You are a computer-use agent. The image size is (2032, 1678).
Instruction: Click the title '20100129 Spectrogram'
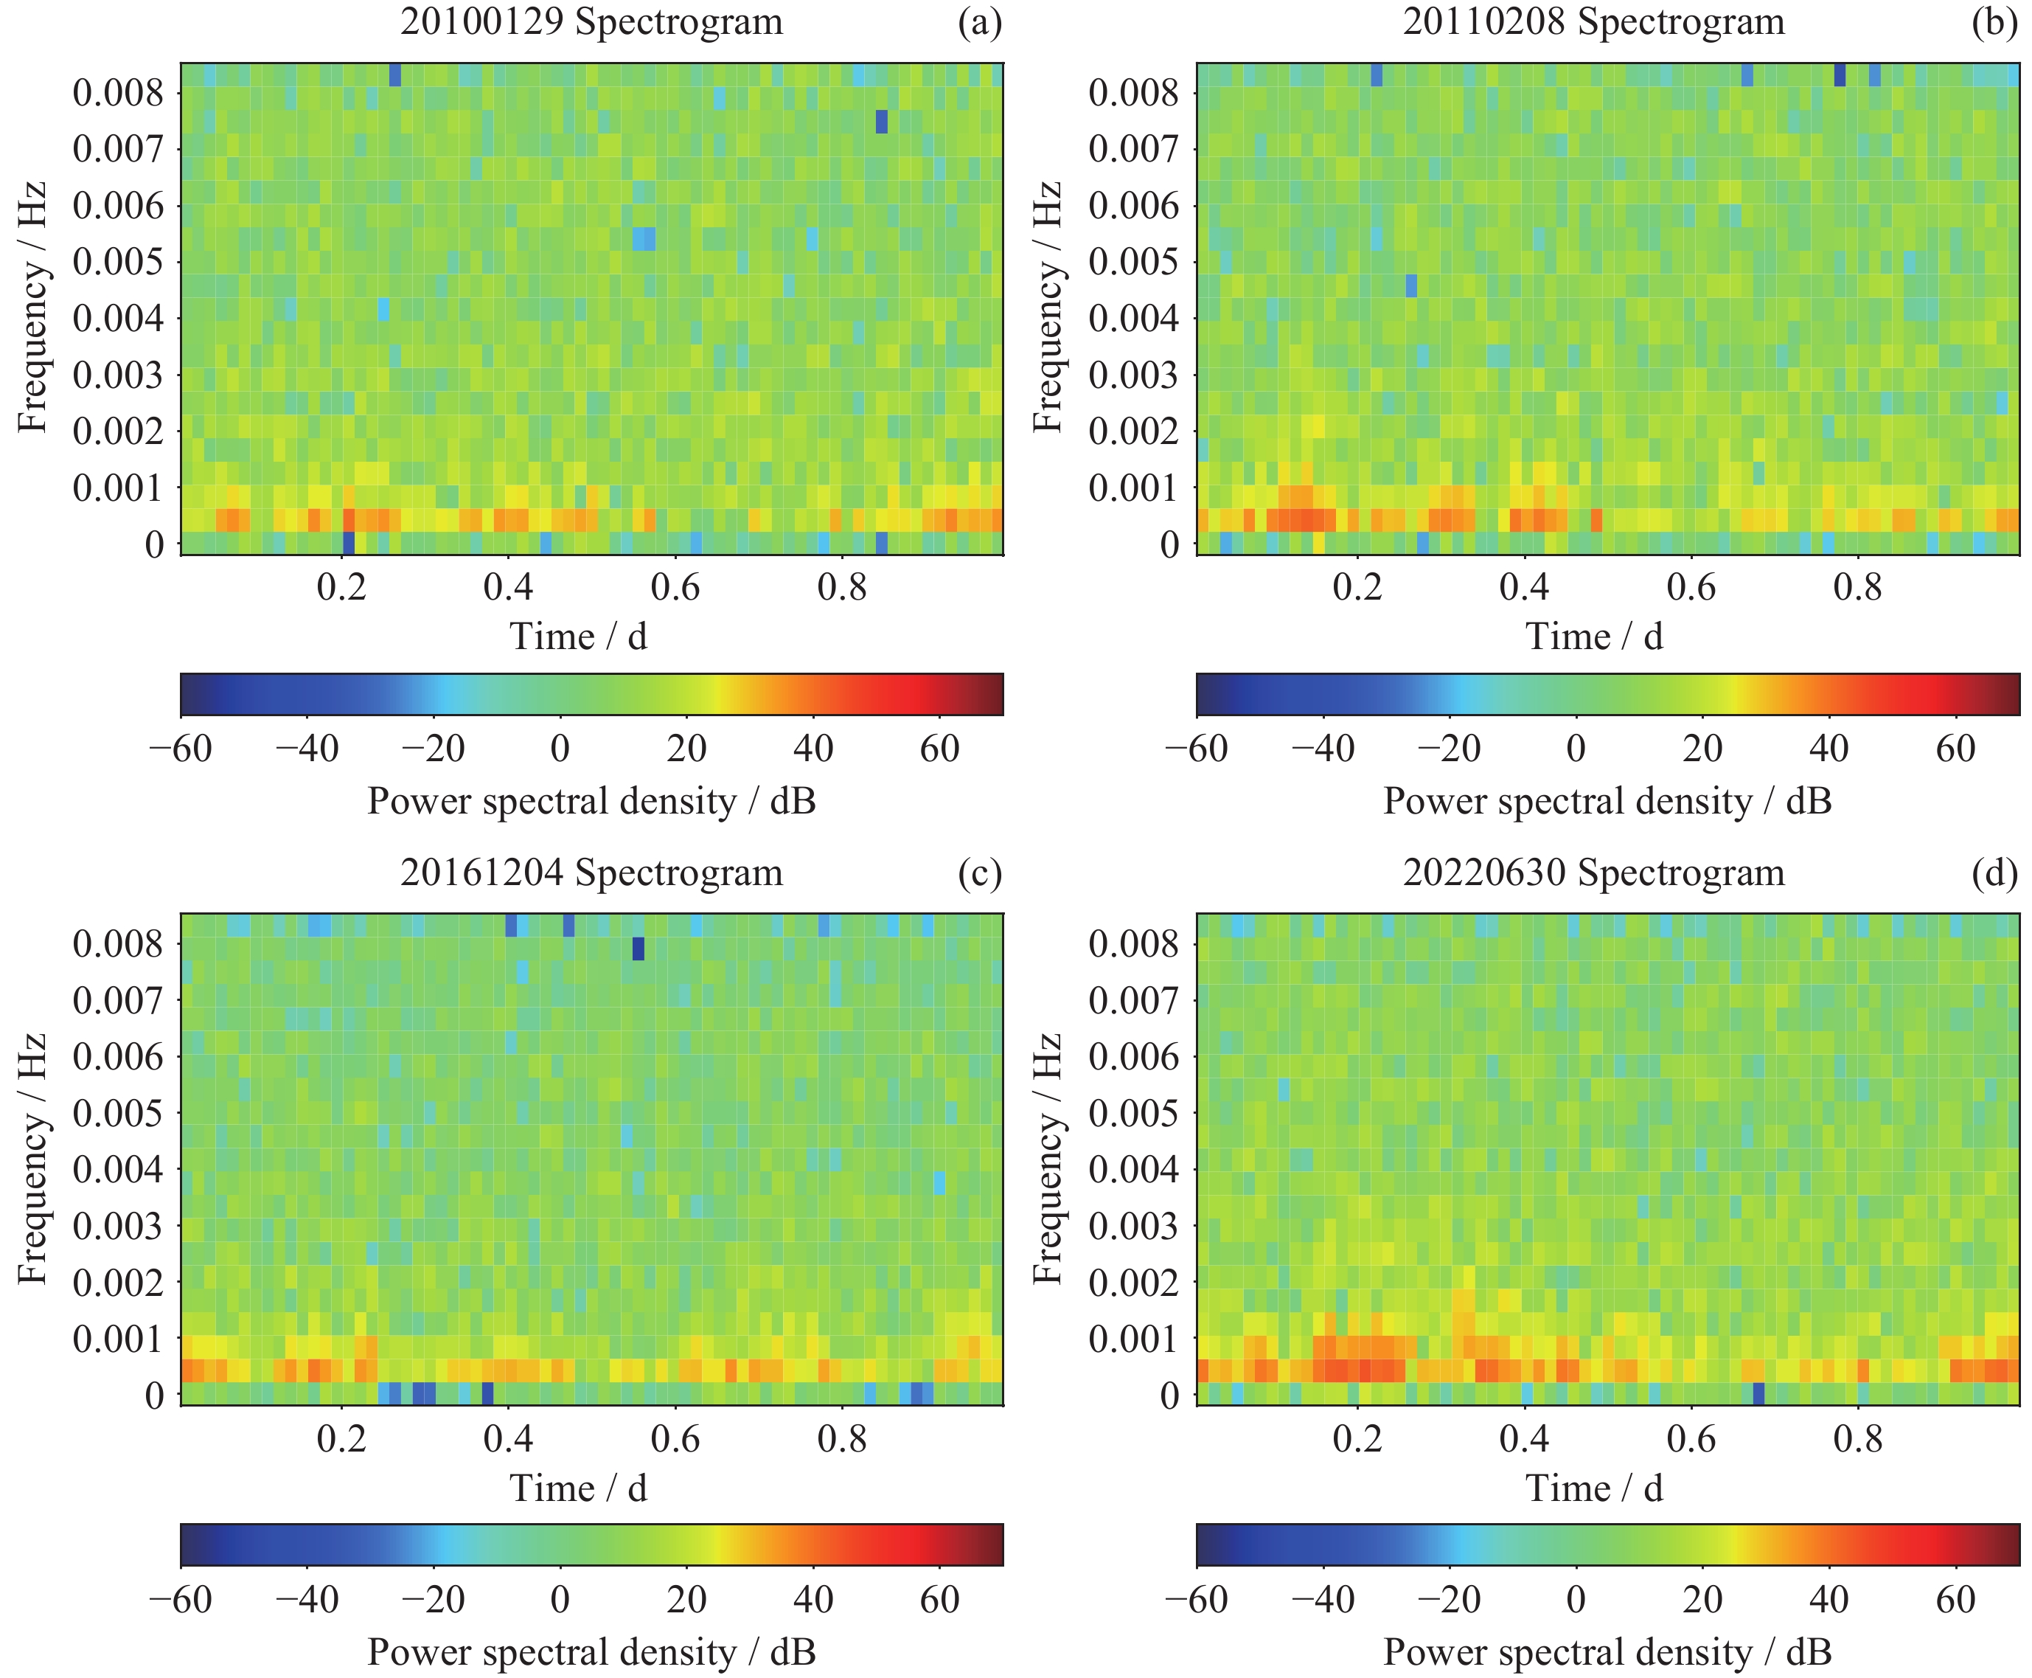pyautogui.click(x=591, y=22)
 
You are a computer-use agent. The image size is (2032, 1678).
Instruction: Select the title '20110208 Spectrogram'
pyautogui.click(x=1593, y=22)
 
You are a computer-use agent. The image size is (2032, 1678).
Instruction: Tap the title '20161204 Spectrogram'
pyautogui.click(x=591, y=873)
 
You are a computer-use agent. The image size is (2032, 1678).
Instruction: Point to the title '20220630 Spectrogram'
pyautogui.click(x=1593, y=873)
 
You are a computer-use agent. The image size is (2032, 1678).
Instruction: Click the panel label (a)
pyautogui.click(x=979, y=22)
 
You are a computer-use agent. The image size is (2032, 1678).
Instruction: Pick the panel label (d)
pyautogui.click(x=1994, y=873)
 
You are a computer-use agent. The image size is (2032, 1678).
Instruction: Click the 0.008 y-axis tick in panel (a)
pyautogui.click(x=118, y=93)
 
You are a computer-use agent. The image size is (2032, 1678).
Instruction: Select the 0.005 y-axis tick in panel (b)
pyautogui.click(x=1133, y=262)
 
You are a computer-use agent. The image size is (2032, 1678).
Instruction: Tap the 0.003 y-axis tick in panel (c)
pyautogui.click(x=118, y=1226)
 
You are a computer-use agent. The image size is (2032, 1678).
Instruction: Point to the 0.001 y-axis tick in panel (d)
pyautogui.click(x=1133, y=1339)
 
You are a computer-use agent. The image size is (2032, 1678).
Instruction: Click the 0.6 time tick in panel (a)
pyautogui.click(x=675, y=586)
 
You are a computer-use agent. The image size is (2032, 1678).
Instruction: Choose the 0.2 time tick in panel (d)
pyautogui.click(x=1357, y=1438)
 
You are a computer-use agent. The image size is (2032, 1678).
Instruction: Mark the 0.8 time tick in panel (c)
pyautogui.click(x=841, y=1438)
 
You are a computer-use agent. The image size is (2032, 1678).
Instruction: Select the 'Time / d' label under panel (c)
pyautogui.click(x=578, y=1488)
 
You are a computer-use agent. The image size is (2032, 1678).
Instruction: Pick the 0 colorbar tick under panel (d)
pyautogui.click(x=1575, y=1600)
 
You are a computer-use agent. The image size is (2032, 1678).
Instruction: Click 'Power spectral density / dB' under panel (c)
pyautogui.click(x=591, y=1652)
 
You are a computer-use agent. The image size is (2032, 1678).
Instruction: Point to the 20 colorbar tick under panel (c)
pyautogui.click(x=686, y=1600)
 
